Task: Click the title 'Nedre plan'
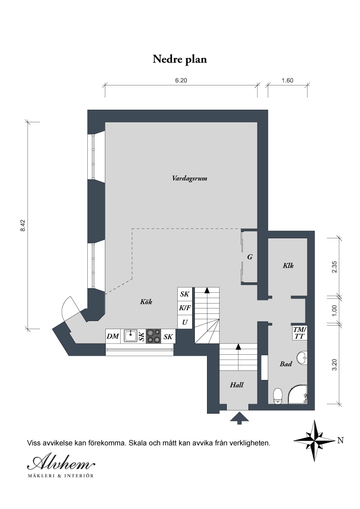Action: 180,59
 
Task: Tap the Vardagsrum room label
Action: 190,178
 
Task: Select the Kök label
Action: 146,302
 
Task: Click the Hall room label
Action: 237,384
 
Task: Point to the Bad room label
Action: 286,364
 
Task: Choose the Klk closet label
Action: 288,266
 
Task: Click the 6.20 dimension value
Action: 181,80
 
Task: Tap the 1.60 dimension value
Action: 288,80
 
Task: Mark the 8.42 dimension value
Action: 23,225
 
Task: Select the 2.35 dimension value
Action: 335,267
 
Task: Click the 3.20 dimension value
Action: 335,364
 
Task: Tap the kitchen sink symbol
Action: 130,336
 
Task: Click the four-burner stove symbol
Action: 153,336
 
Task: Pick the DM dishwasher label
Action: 113,336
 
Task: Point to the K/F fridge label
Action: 184,308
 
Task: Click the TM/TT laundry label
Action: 299,333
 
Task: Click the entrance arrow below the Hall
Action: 239,418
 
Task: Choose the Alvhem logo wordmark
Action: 61,461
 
